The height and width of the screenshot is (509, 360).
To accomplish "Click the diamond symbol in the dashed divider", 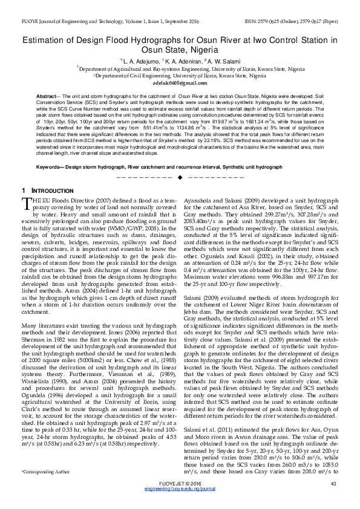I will (x=180, y=178).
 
